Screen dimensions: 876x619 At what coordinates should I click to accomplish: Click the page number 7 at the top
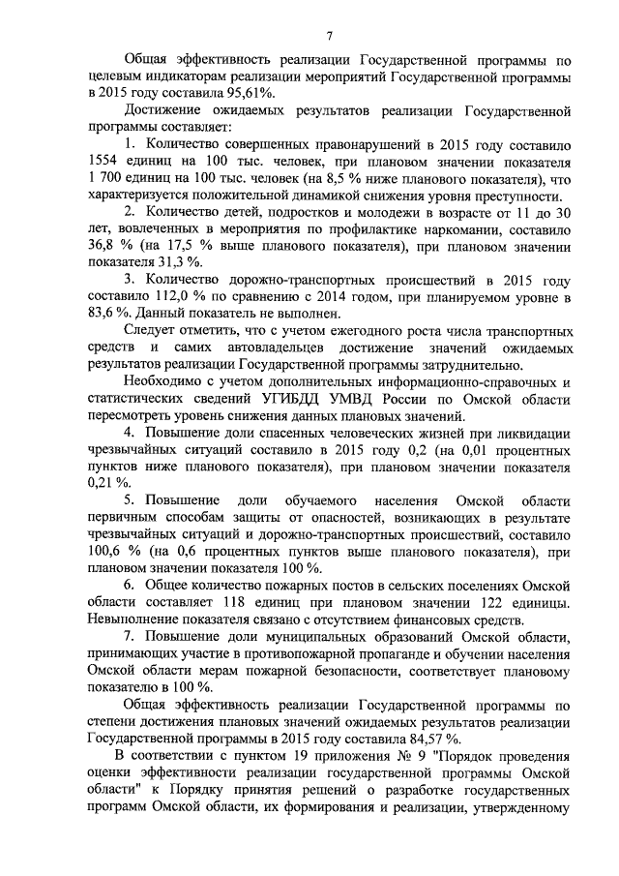(328, 37)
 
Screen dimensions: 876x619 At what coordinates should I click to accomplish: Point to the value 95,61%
(248, 93)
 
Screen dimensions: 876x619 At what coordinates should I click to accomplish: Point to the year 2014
(399, 298)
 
